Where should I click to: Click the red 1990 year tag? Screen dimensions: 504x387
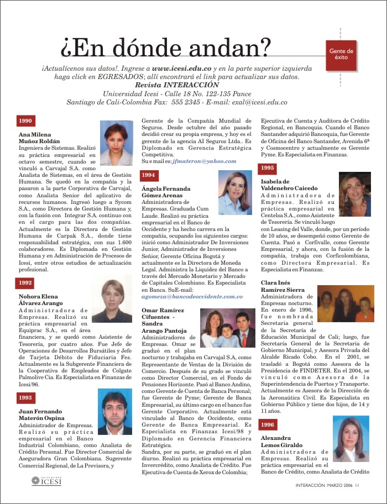click(x=26, y=121)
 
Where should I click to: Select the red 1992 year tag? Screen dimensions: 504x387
click(x=26, y=282)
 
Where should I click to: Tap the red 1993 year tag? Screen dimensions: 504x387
click(x=26, y=397)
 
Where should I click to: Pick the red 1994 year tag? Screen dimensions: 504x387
click(x=149, y=175)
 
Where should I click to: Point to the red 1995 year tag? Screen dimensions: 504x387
click(x=268, y=167)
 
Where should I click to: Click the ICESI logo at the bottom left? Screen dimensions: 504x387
click(x=46, y=482)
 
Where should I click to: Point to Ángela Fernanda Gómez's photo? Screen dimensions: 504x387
click(x=235, y=192)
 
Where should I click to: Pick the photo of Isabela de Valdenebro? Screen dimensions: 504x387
click(x=355, y=194)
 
